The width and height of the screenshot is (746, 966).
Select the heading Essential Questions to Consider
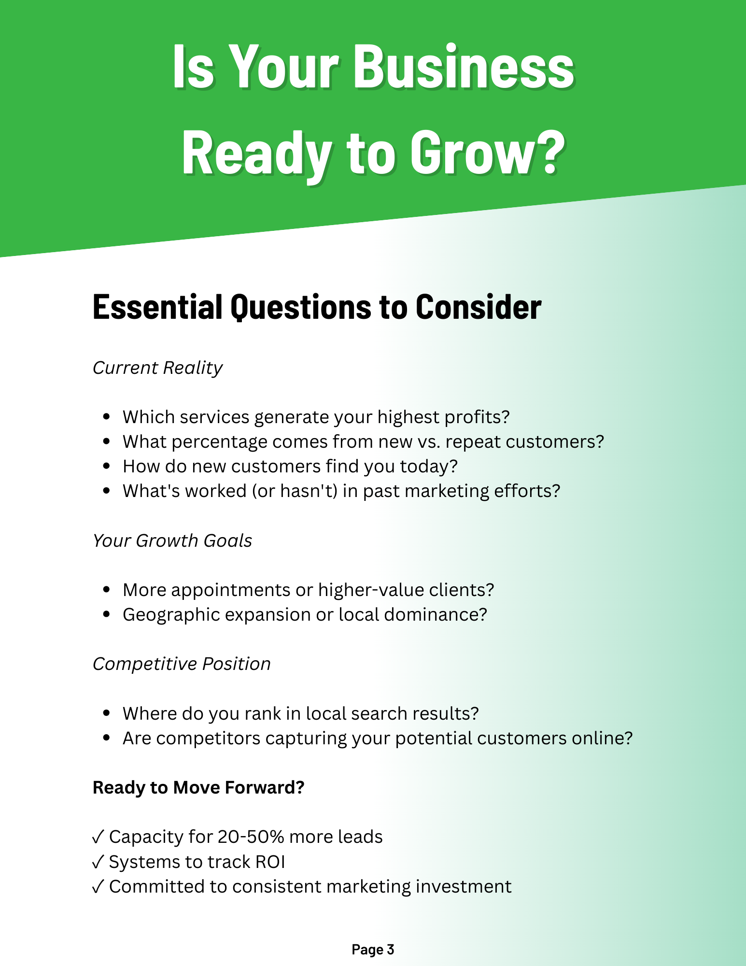317,307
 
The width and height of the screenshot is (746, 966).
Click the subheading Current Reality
157,368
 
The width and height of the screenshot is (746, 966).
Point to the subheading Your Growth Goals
172,541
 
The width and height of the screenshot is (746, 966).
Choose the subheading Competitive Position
182,664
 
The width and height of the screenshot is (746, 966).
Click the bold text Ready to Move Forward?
198,788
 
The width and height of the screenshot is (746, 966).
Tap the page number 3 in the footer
390,950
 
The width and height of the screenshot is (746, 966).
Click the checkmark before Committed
98,887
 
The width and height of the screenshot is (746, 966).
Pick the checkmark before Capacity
98,837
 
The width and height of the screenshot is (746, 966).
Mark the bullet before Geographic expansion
107,615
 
